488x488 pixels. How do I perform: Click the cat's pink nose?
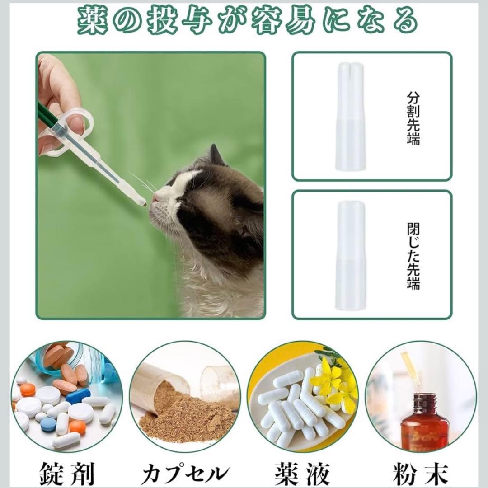coord(155,197)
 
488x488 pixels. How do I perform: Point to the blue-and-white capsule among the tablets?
coord(78,396)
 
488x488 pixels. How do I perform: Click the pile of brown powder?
coord(186,416)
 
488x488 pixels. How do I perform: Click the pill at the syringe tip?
coord(145,204)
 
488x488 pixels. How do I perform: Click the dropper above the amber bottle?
coord(410,368)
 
